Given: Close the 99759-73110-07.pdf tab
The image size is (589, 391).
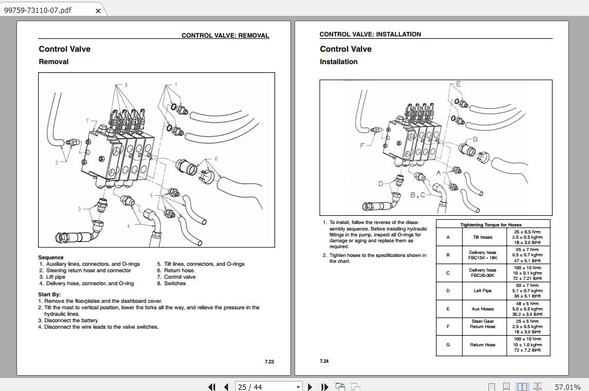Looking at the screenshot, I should coord(98,11).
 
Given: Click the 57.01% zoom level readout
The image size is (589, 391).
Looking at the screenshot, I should coord(567,387).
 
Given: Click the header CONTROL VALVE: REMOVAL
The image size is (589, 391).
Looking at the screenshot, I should coord(225,35).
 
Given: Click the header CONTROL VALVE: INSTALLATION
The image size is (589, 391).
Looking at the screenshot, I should coord(370,34).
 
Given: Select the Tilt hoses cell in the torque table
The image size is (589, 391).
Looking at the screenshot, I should coord(483,237).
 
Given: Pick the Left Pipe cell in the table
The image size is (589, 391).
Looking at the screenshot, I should coord(483,290).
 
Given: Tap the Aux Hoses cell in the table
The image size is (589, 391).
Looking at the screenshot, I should coord(483,309).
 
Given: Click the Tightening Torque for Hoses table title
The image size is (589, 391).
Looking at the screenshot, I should coord(490,225).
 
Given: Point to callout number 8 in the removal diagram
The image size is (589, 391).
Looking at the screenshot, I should coord(125,85).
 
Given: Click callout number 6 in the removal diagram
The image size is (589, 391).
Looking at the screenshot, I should coord(216,159).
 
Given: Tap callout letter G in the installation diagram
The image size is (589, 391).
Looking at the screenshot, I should coord(475,139).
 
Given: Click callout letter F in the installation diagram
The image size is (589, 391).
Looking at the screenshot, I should coord(362,145).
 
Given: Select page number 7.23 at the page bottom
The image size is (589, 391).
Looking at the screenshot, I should coord(269,362).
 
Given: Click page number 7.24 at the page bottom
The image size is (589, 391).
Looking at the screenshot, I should coord(324,361).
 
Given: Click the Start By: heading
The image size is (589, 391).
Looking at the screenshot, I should coord(49,295).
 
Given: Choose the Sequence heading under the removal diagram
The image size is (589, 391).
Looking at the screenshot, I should coord(51,258).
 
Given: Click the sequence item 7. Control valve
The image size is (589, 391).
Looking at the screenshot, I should coord(176,277).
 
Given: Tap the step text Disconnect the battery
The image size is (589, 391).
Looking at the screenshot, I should coord(71,320).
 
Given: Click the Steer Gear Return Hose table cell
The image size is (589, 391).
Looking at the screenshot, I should coord(483,324).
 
